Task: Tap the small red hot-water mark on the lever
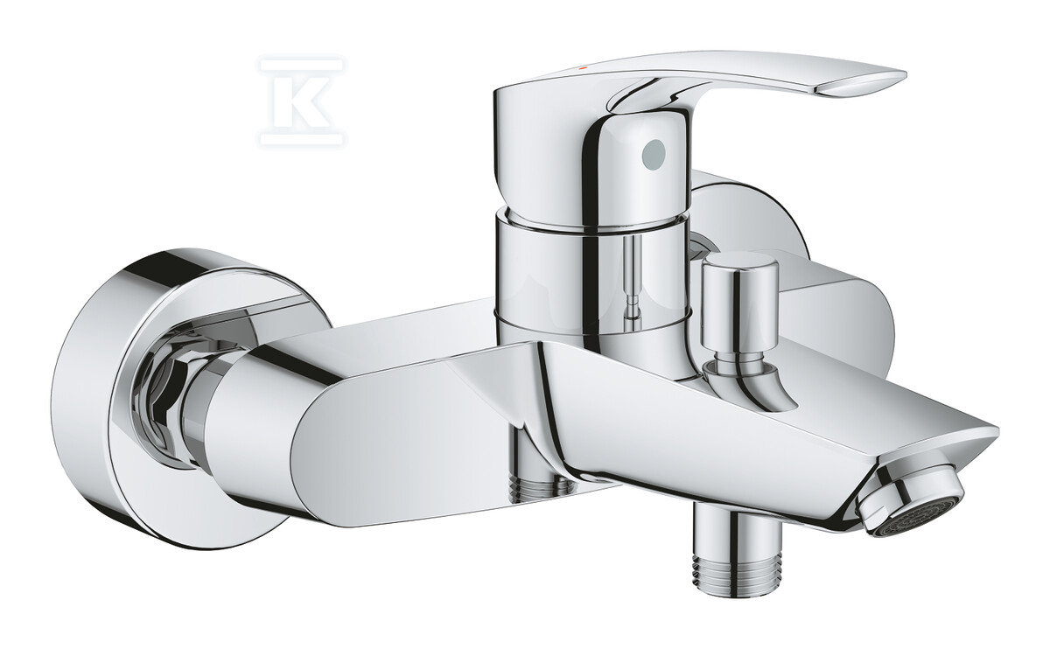(583, 69)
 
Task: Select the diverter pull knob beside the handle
(739, 305)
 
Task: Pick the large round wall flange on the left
(155, 398)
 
